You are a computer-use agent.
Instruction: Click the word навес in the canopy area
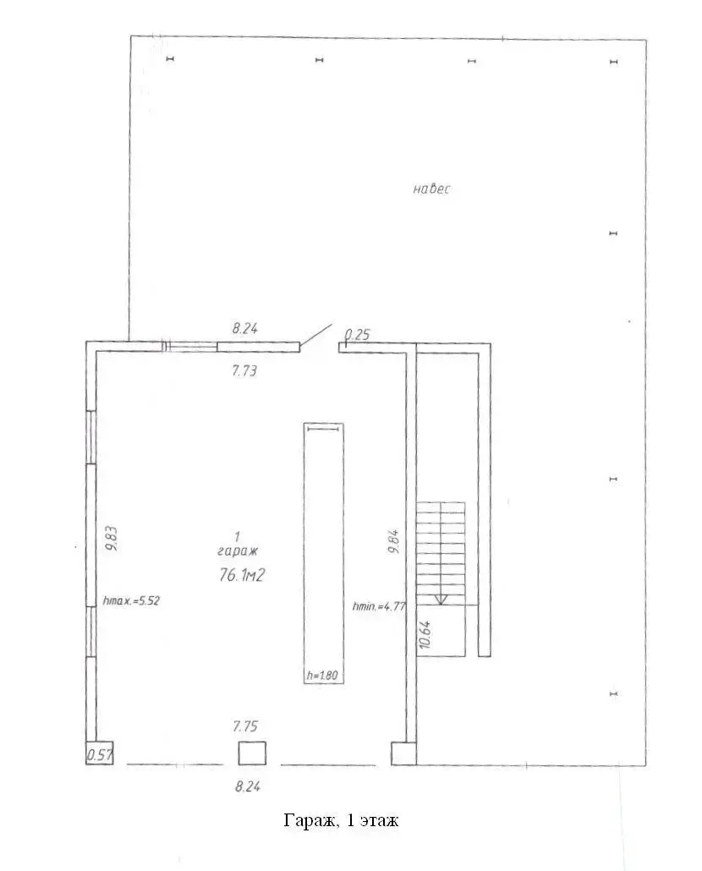[431, 189]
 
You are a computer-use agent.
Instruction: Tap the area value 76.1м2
[242, 576]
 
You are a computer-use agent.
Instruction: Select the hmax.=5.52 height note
[132, 600]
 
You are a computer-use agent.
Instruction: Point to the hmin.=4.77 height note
[379, 606]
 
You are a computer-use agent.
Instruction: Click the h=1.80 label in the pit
[322, 676]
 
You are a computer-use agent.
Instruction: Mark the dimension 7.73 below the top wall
[244, 370]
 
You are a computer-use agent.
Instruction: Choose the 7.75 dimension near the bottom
[245, 726]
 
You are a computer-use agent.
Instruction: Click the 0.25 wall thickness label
[357, 335]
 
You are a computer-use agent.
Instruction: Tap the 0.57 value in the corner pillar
[100, 755]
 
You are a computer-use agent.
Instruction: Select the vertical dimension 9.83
[111, 539]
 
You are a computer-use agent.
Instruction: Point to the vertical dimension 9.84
[394, 541]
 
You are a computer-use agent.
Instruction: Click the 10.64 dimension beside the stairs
[425, 634]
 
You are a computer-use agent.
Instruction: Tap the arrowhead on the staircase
[441, 600]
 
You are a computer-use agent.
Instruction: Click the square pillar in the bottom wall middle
[252, 753]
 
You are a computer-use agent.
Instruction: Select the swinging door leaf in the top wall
[316, 335]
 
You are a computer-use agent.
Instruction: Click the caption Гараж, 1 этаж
[341, 820]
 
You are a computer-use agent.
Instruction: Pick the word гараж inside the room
[238, 551]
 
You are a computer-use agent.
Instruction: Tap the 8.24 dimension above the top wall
[245, 328]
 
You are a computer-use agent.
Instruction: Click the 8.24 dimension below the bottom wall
[248, 786]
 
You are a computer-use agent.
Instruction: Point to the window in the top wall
[189, 348]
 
